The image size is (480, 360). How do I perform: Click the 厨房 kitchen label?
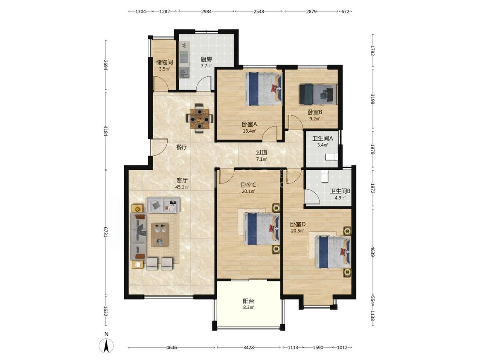point(206,59)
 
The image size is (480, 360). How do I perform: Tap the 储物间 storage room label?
point(164,62)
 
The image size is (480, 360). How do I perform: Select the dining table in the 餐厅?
point(199,118)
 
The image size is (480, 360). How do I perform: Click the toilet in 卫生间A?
point(331,157)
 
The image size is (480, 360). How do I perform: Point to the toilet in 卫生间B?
point(324,176)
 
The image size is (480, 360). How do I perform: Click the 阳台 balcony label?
point(248,301)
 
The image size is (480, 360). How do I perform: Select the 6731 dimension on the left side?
point(106,232)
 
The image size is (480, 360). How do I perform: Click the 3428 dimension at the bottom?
point(249,348)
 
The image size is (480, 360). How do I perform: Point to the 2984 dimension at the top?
point(207,12)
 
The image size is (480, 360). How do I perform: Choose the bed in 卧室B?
point(318,94)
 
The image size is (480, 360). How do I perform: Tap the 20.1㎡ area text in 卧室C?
point(248,192)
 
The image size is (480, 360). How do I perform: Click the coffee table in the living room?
point(160,235)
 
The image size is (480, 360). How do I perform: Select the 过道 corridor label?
point(262,152)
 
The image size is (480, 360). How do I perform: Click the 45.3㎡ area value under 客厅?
point(182,187)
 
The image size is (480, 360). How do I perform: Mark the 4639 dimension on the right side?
point(372,251)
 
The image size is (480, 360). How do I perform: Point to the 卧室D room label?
point(298,224)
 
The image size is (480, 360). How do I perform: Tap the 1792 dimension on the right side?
point(372,50)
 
